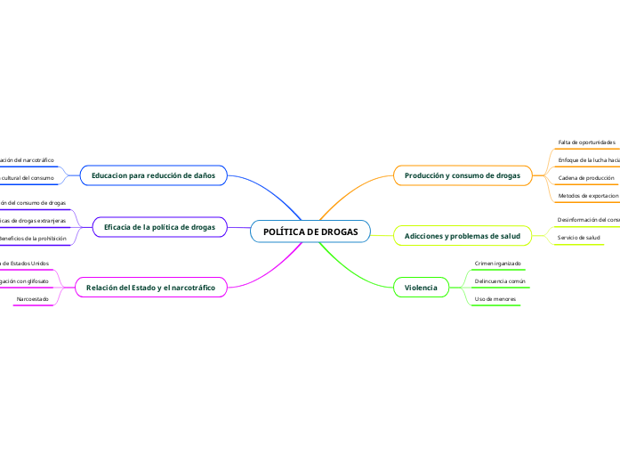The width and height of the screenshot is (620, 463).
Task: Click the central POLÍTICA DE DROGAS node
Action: [x=310, y=231]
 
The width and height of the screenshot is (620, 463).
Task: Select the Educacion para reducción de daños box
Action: [x=153, y=176]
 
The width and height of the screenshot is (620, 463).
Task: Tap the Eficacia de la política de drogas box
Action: [x=159, y=228]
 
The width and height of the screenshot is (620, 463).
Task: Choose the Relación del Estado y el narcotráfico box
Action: [x=150, y=288]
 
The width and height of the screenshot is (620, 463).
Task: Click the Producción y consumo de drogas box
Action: [x=462, y=176]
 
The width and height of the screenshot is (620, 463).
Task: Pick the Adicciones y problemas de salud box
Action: [x=462, y=236]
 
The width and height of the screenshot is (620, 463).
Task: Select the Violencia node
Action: [x=421, y=288]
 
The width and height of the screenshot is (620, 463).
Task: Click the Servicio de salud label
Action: [x=578, y=238]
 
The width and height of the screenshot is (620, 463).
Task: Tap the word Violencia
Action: [x=421, y=288]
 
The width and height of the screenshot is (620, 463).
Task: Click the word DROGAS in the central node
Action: [x=339, y=231]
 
